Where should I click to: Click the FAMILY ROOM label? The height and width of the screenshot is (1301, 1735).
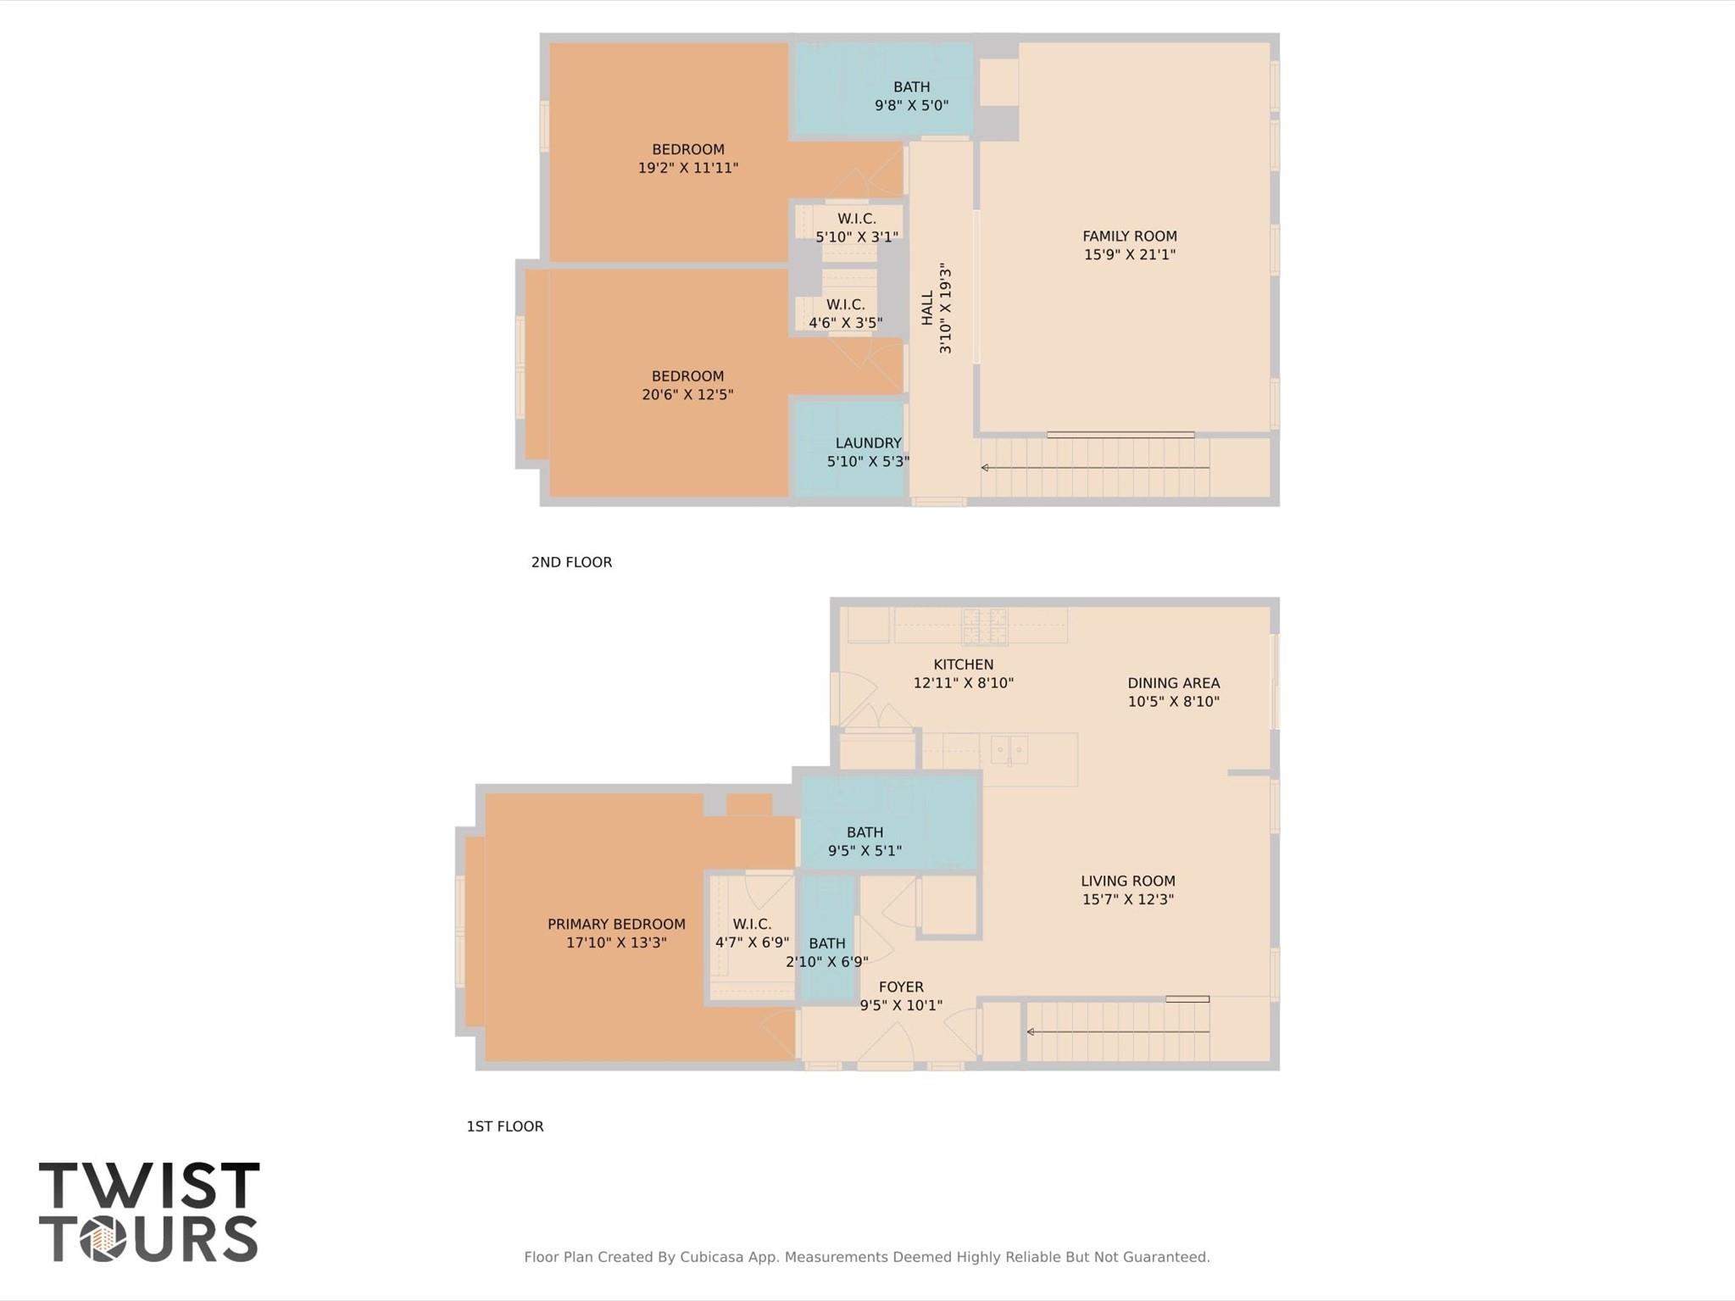click(x=1129, y=236)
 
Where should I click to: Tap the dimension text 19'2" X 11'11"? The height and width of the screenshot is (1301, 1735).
click(x=687, y=168)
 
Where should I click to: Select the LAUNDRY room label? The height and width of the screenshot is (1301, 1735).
click(x=868, y=442)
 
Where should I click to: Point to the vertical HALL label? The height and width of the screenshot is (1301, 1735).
click(x=927, y=308)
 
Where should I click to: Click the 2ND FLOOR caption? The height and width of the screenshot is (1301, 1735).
click(x=571, y=562)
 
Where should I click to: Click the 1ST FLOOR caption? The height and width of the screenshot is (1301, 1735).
click(x=504, y=1126)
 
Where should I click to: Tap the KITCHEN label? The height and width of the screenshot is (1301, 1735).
click(x=963, y=664)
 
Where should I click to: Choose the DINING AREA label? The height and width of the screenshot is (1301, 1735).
click(x=1173, y=683)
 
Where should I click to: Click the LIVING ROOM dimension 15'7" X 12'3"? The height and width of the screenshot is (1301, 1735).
click(x=1127, y=899)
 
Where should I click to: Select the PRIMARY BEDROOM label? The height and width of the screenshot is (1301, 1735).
click(x=616, y=924)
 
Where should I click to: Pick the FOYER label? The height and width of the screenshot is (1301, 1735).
click(x=901, y=987)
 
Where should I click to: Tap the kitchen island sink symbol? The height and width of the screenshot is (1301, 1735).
click(x=1009, y=749)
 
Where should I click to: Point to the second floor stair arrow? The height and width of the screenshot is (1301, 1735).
click(x=1093, y=467)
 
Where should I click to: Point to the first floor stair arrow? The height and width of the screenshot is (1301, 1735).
click(x=1116, y=1031)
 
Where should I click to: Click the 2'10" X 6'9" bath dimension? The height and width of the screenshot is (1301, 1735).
click(x=826, y=962)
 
